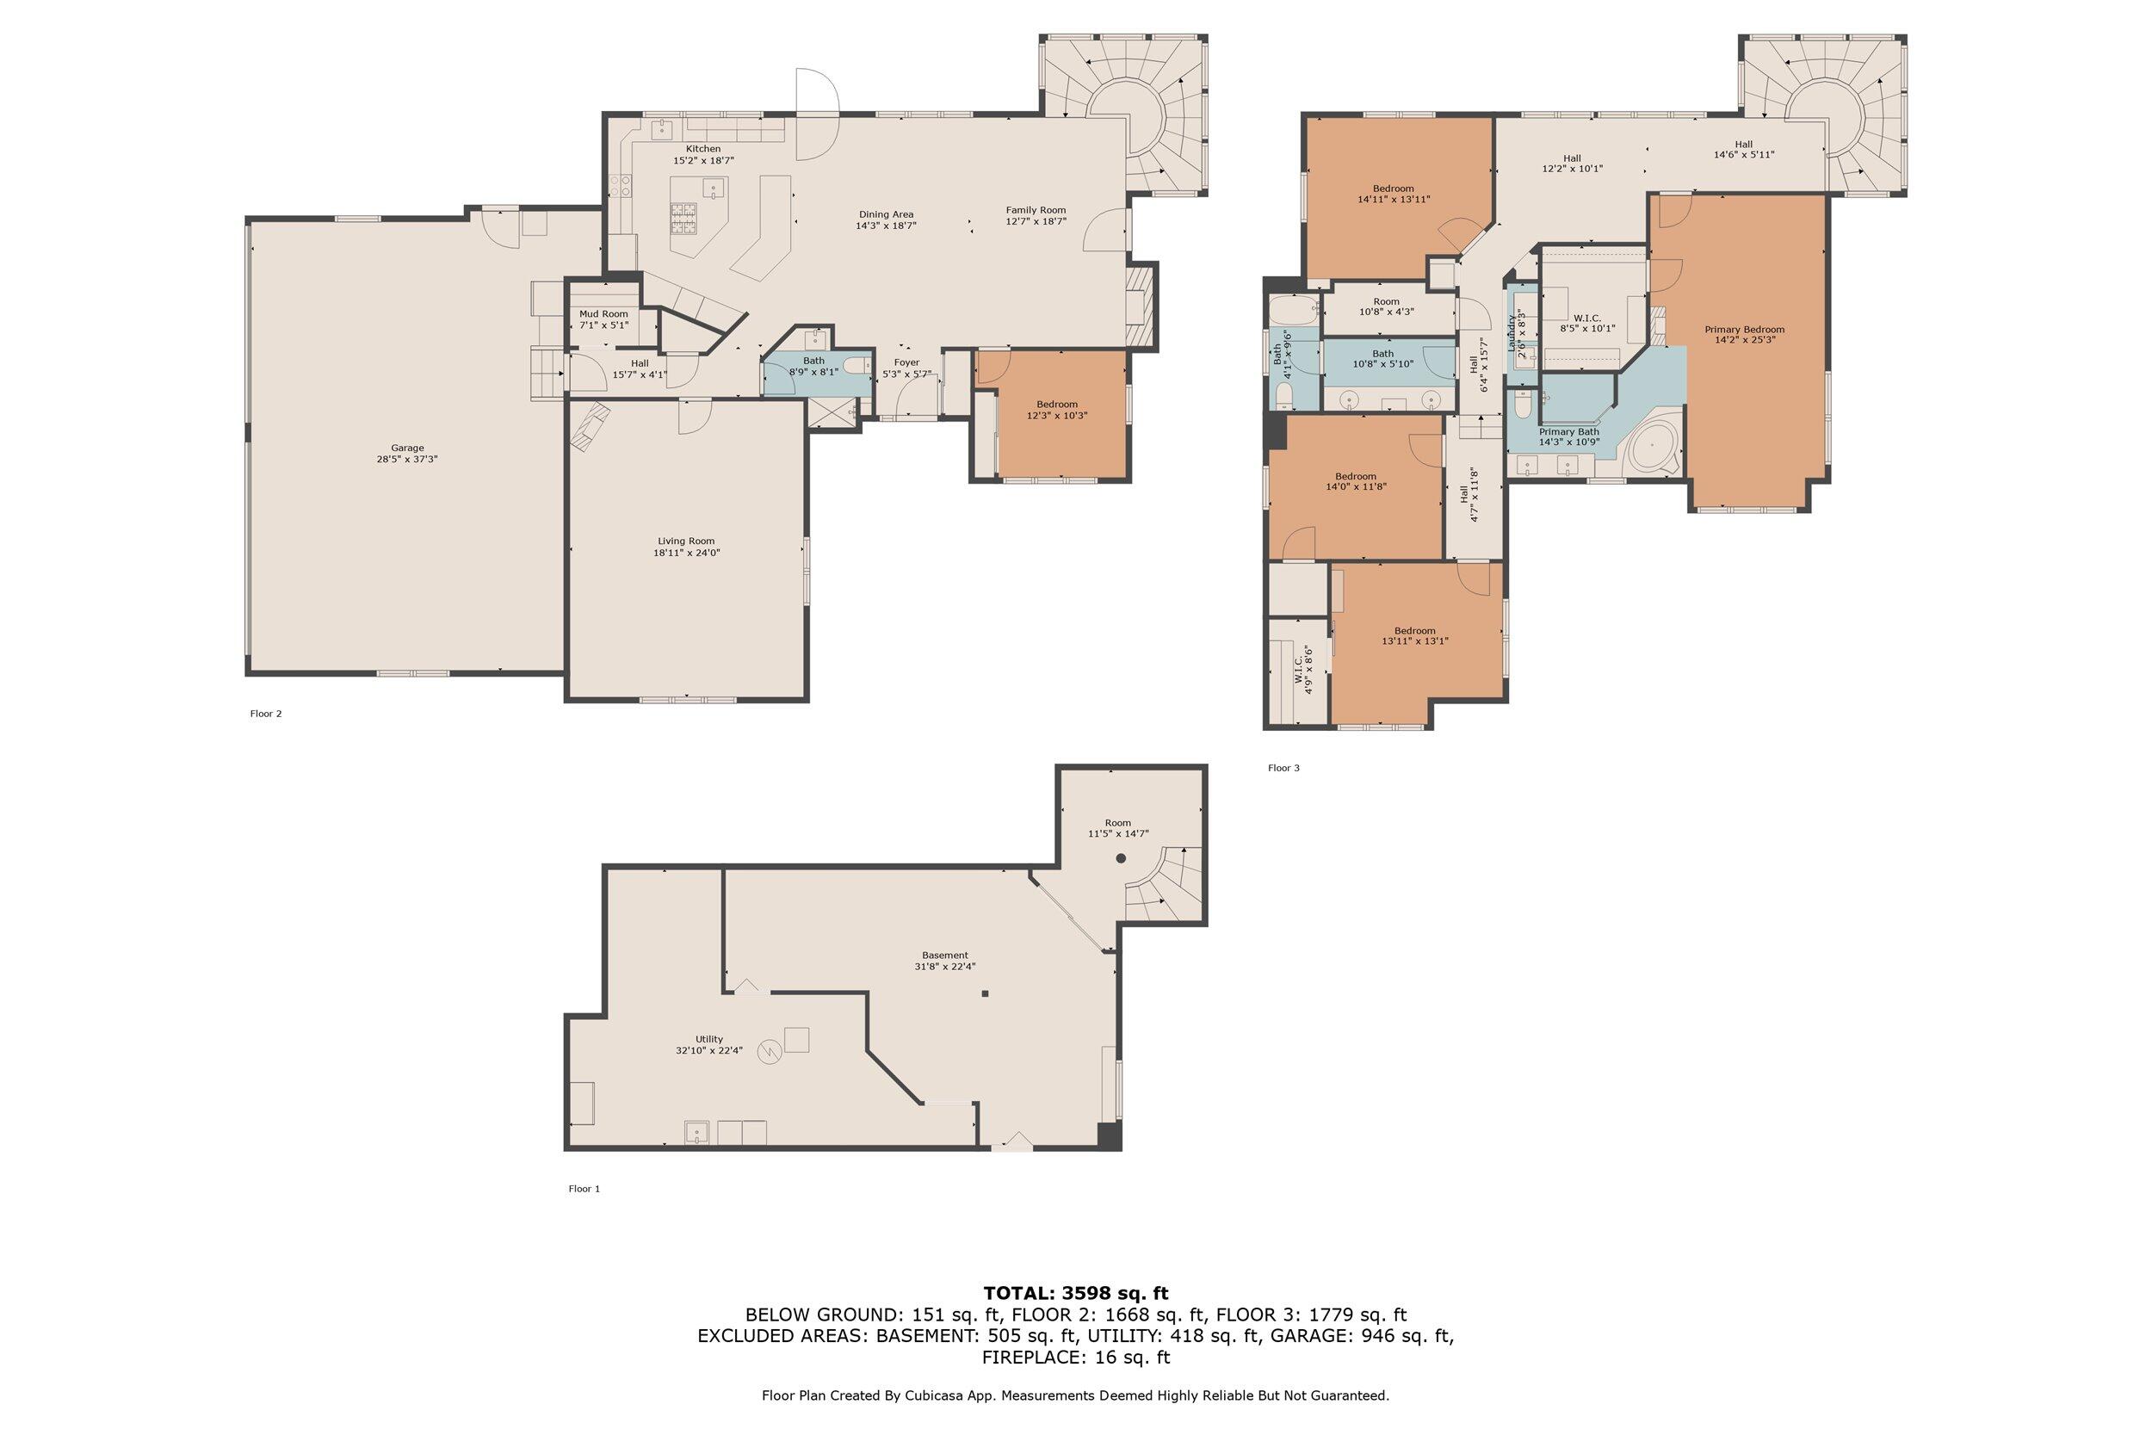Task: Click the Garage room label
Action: tap(407, 448)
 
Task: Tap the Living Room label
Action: tap(685, 541)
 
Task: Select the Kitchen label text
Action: tap(703, 149)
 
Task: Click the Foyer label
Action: tap(906, 362)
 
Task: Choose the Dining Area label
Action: tap(886, 214)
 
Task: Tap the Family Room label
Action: tap(1036, 209)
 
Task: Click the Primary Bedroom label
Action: tap(1744, 330)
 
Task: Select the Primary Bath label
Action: tap(1569, 432)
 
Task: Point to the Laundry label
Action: tap(1511, 334)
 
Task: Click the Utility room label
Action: tap(709, 1039)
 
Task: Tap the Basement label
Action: tap(945, 956)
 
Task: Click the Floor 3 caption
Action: tap(1283, 768)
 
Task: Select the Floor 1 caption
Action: tap(584, 1189)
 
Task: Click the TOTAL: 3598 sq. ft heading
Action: tap(1076, 1293)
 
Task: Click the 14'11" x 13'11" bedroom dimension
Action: tap(1394, 199)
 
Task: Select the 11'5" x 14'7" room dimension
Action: tap(1118, 834)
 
